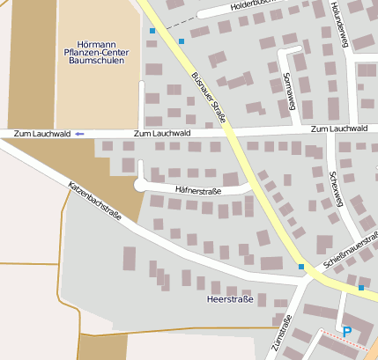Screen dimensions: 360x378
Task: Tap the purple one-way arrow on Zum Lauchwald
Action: click(x=79, y=133)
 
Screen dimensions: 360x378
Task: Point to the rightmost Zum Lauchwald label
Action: click(x=339, y=129)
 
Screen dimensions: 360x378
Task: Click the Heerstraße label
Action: click(x=229, y=299)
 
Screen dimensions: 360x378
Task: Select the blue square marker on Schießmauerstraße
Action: click(x=360, y=287)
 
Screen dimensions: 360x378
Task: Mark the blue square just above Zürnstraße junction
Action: click(x=300, y=267)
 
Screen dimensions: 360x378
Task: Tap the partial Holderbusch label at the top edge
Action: click(x=252, y=4)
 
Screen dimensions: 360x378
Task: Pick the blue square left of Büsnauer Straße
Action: click(x=152, y=32)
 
